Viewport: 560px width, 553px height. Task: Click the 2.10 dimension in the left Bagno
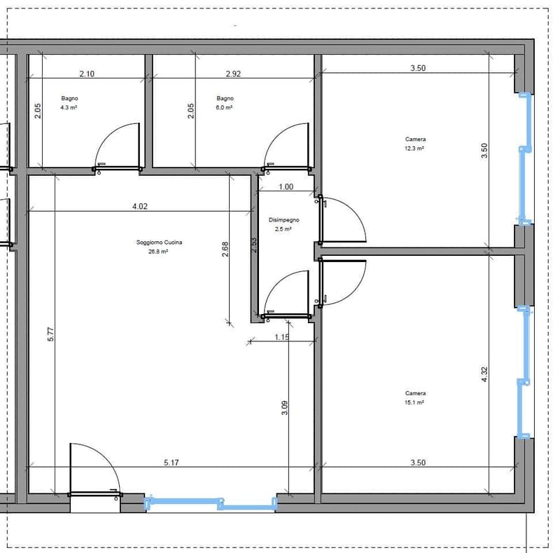87,74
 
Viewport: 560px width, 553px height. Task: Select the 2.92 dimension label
233,74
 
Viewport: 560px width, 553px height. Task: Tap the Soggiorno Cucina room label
160,243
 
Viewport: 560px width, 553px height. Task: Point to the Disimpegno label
284,219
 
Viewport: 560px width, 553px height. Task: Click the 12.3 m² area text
414,148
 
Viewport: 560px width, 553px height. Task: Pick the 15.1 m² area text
414,402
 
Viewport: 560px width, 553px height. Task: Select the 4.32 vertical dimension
484,374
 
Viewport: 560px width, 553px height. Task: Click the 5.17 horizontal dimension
171,463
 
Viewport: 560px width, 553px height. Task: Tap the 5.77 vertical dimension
50,334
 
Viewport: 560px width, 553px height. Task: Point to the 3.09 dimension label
285,408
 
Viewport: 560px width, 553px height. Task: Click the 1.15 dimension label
282,337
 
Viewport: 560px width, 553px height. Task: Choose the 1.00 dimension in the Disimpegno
286,186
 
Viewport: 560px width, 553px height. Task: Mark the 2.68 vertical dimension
225,250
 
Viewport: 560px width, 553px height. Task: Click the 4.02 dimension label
140,206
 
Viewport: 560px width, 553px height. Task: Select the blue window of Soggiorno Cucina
211,503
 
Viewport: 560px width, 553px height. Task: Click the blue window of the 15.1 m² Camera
524,372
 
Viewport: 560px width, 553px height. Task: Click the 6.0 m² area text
224,107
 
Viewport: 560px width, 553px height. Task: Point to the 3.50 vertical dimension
484,151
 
